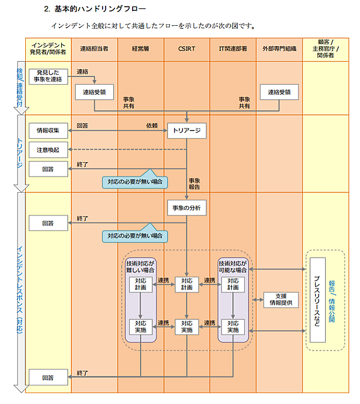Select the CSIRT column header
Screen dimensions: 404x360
(x=187, y=48)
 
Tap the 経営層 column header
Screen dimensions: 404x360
(x=140, y=48)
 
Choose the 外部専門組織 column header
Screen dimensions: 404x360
(x=279, y=48)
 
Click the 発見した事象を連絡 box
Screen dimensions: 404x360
(x=49, y=76)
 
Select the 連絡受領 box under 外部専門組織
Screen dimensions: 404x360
(x=279, y=92)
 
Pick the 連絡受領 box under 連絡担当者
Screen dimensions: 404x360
(x=94, y=92)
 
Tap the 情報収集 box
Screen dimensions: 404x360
(x=48, y=130)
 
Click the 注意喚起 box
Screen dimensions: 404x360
(x=48, y=149)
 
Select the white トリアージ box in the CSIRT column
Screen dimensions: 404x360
(x=187, y=130)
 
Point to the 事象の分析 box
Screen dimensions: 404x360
(x=187, y=208)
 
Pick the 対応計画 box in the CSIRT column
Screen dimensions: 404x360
(x=187, y=284)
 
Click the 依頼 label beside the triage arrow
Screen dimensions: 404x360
(x=152, y=125)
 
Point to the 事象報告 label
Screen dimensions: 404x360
(x=194, y=184)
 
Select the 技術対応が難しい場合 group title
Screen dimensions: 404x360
(x=140, y=267)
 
